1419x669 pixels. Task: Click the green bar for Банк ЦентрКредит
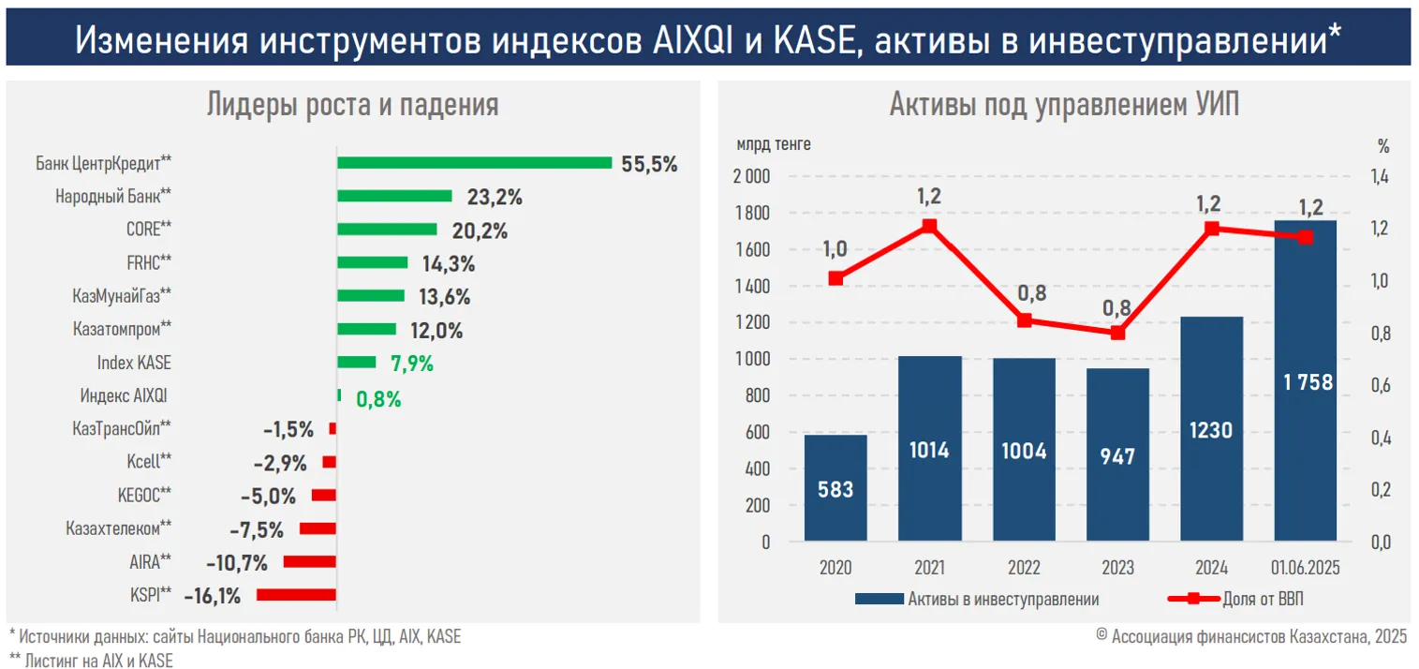(474, 163)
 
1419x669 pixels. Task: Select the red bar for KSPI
(296, 594)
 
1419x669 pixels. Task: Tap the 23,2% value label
(494, 197)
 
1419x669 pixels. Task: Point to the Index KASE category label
(134, 363)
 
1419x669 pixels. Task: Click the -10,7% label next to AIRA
(238, 562)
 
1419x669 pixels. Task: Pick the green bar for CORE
(387, 230)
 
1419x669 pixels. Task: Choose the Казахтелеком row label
(118, 528)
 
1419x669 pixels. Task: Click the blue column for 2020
(835, 488)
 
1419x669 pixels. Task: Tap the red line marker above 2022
(1024, 320)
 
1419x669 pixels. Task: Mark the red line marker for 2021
(929, 226)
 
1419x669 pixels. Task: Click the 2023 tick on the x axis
(1117, 569)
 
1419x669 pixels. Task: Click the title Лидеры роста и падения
(352, 105)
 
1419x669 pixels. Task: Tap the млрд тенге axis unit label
(774, 144)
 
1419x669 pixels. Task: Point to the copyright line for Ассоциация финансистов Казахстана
(1250, 636)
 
